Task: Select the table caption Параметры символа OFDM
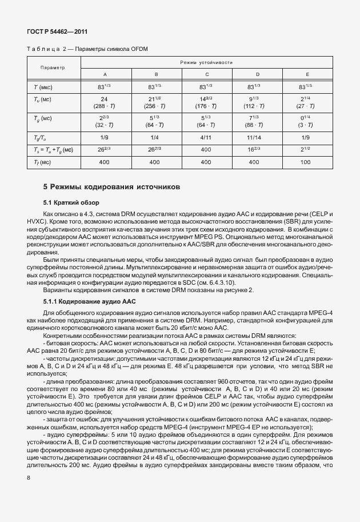(x=105, y=49)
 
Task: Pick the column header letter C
(x=206, y=74)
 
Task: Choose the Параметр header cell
(x=52, y=67)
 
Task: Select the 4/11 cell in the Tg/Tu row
(x=206, y=137)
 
